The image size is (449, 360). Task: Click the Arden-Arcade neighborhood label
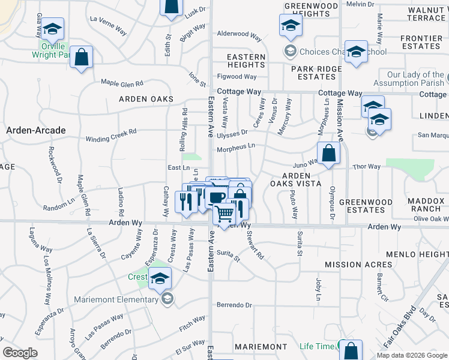35,130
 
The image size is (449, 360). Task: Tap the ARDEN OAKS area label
146,99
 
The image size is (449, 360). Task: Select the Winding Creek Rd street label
111,134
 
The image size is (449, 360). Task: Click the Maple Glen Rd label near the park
122,83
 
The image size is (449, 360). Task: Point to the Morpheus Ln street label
236,146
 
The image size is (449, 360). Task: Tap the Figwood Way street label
237,77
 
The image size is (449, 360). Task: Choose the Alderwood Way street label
240,35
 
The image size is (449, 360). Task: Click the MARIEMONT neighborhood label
261,347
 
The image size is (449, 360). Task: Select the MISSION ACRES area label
359,264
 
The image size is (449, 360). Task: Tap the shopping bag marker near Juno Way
328,153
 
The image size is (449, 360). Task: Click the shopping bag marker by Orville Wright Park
82,57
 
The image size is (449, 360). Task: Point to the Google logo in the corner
20,353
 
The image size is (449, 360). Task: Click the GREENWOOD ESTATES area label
362,206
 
